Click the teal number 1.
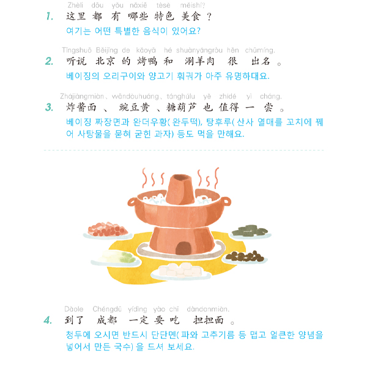50,17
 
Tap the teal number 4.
48,320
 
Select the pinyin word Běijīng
106,50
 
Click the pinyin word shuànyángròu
199,50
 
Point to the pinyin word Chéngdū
107,309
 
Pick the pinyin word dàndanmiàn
208,309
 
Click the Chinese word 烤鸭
147,61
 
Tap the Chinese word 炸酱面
81,108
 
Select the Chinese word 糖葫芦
182,108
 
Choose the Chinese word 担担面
209,320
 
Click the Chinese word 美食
191,17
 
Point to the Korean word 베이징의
83,76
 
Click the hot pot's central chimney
180,190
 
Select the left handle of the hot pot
133,202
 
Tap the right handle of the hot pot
225,201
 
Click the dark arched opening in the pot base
183,248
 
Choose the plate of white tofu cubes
180,271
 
